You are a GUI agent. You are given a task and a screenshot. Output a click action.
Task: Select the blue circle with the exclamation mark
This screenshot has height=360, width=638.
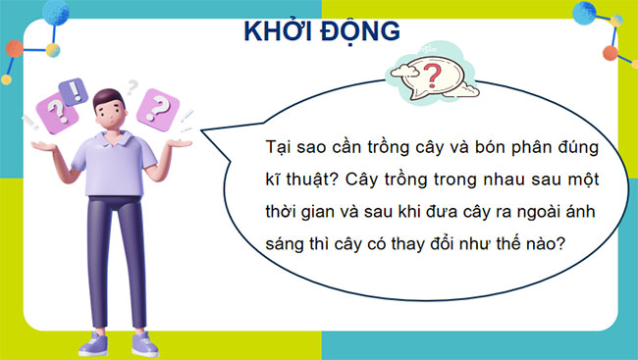tap(74, 92)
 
